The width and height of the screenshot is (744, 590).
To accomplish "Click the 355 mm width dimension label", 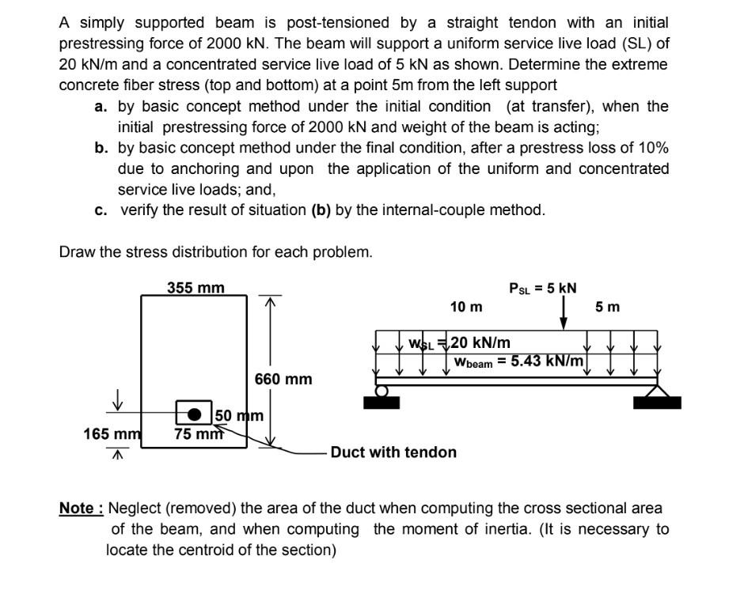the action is pos(195,287).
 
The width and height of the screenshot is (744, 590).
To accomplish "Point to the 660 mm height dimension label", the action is pos(283,380).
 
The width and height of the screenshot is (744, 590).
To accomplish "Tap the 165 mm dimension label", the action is pos(112,433).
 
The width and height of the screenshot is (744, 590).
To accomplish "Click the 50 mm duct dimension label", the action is pos(239,415).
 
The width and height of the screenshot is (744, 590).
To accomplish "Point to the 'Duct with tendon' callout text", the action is pos(393,452).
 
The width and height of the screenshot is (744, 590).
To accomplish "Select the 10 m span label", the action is pos(465,306).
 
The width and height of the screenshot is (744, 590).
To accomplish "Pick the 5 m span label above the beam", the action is pos(607,306).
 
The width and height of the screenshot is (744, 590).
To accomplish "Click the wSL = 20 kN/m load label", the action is pos(459,342).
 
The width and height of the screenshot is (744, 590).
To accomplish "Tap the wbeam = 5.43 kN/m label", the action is pos(519,361).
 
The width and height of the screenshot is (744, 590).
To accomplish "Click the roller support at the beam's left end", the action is pos(382,391).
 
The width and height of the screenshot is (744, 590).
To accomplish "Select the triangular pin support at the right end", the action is pos(657,390).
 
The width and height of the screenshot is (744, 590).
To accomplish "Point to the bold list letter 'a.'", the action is pos(101,106).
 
